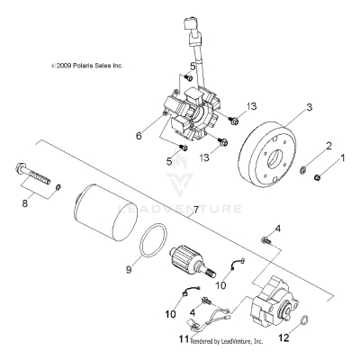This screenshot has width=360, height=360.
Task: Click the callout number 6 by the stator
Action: tap(138, 137)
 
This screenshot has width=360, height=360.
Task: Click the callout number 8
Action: tap(22, 203)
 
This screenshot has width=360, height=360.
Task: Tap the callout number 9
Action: tap(129, 268)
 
